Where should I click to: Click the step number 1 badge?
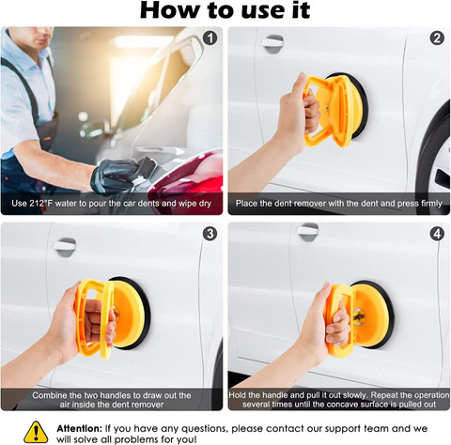pyautogui.click(x=210, y=38)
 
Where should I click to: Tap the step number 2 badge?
pyautogui.click(x=437, y=38)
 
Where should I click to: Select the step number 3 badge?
pyautogui.click(x=210, y=234)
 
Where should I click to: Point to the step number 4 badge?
pyautogui.click(x=437, y=234)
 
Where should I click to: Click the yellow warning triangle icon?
pyautogui.click(x=36, y=432)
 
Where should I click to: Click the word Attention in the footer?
pyautogui.click(x=80, y=428)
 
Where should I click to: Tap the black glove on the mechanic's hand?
pyautogui.click(x=117, y=176)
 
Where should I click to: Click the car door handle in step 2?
pyautogui.click(x=272, y=43)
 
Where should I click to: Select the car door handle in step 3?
pyautogui.click(x=65, y=247)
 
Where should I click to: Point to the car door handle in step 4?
pyautogui.click(x=308, y=232)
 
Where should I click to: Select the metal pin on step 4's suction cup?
pyautogui.click(x=359, y=315)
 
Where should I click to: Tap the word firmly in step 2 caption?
pyautogui.click(x=431, y=204)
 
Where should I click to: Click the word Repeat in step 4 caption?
pyautogui.click(x=384, y=395)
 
